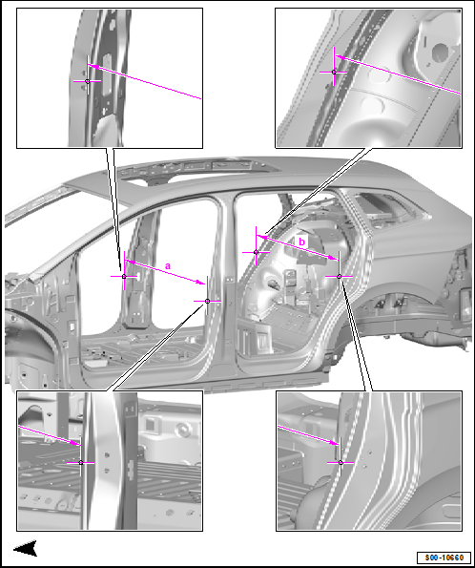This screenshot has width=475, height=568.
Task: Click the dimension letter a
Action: point(168,266)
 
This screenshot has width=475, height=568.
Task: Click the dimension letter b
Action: point(301,242)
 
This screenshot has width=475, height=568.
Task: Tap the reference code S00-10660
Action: point(444,557)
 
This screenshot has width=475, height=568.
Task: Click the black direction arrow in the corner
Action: point(26,548)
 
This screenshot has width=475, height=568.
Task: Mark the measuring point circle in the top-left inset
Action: point(87,81)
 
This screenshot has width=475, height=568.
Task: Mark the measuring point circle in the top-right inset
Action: point(334,73)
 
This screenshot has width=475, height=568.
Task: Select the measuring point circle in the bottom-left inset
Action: point(81,463)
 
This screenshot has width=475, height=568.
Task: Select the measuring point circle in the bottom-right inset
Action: point(341,463)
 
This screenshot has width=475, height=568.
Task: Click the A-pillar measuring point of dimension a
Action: point(124,277)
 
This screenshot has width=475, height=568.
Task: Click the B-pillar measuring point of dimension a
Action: point(207,301)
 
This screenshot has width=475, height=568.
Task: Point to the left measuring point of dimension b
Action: point(256,252)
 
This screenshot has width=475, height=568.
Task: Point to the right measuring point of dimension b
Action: point(340,277)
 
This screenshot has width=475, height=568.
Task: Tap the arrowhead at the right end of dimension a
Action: point(201,282)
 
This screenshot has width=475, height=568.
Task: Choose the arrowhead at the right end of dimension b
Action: point(334,258)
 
